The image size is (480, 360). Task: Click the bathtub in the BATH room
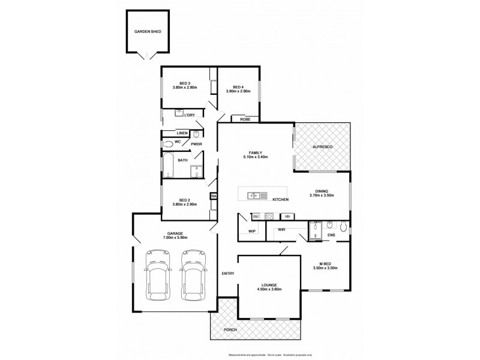pyautogui.click(x=169, y=166)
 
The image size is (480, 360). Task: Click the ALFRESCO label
pyautogui.click(x=323, y=146)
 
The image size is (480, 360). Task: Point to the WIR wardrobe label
pyautogui.click(x=280, y=230)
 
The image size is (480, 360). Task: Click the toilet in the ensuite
pyautogui.click(x=342, y=227)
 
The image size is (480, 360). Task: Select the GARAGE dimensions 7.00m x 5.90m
pyautogui.click(x=175, y=238)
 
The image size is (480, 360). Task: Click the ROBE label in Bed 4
pyautogui.click(x=245, y=119)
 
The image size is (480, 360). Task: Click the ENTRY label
pyautogui.click(x=228, y=274)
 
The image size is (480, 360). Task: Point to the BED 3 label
pyautogui.click(x=185, y=83)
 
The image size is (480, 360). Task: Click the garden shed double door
pyautogui.click(x=143, y=56)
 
